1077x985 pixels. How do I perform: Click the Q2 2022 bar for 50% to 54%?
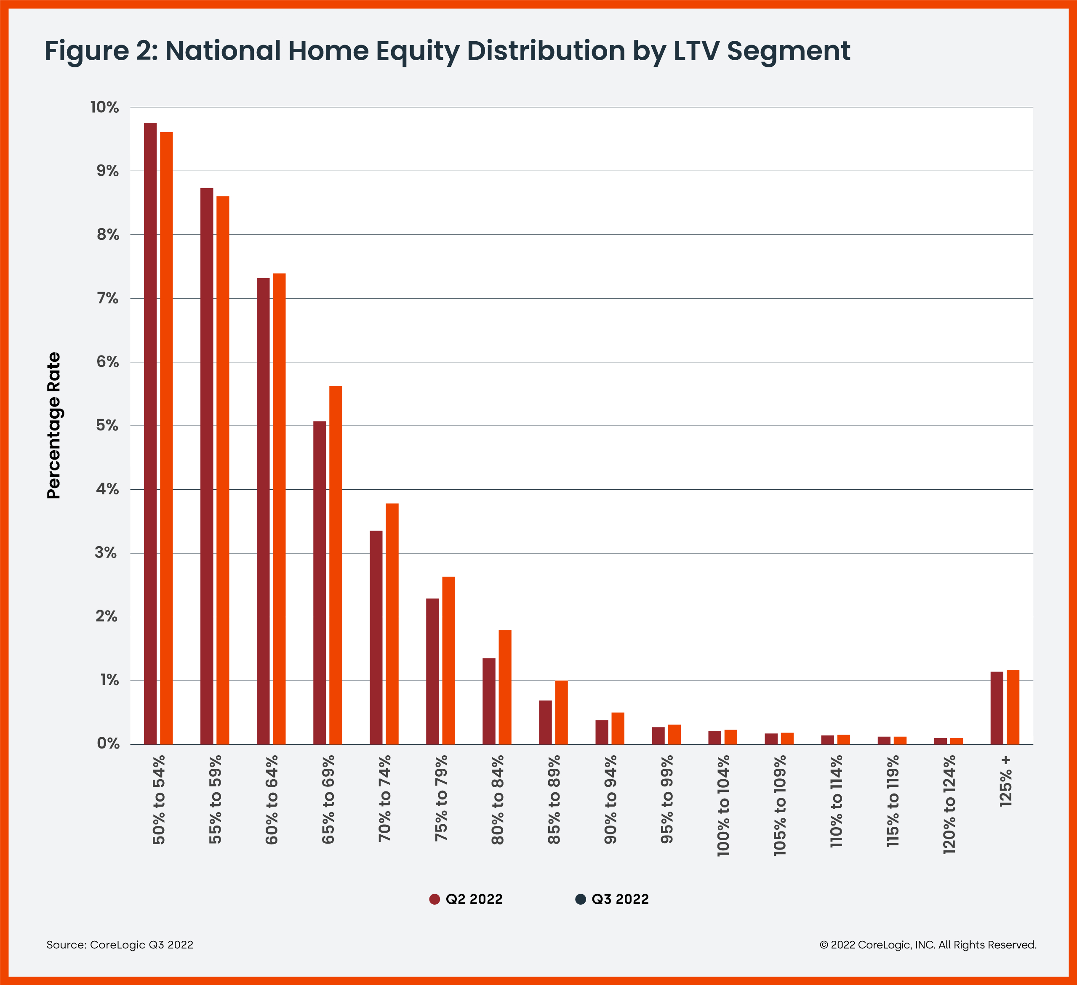pos(150,433)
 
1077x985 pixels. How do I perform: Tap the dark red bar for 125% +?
pos(996,708)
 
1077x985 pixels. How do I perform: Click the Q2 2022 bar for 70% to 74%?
pos(376,637)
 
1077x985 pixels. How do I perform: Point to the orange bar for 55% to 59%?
pos(223,470)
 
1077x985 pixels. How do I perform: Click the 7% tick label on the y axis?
pos(107,298)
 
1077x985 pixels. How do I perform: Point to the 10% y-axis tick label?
pos(105,107)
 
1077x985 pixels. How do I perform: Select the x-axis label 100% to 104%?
pos(723,806)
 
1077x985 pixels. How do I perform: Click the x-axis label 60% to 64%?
pos(272,799)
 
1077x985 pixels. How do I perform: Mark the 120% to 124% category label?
pos(949,804)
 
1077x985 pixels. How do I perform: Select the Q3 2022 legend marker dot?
pos(580,899)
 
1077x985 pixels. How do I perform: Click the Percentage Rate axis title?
pos(54,425)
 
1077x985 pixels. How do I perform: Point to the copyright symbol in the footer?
pos(824,945)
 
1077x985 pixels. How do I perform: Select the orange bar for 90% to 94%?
pos(618,728)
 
